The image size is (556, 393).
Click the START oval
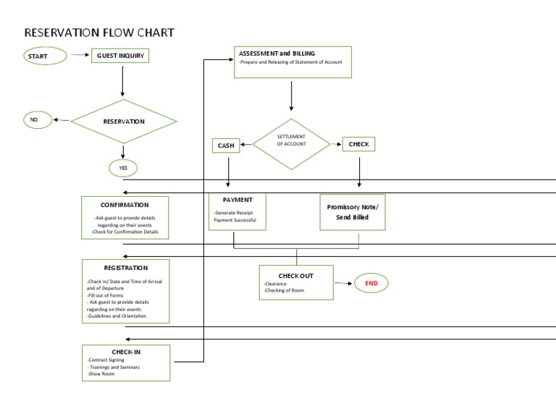pyautogui.click(x=45, y=56)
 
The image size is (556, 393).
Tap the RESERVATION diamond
pyautogui.click(x=124, y=121)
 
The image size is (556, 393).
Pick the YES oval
pyautogui.click(x=123, y=168)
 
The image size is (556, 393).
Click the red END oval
pyautogui.click(x=371, y=283)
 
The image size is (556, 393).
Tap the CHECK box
pyautogui.click(x=358, y=144)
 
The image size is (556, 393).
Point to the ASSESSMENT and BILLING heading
pyautogui.click(x=277, y=54)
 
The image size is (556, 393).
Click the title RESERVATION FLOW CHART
pyautogui.click(x=99, y=33)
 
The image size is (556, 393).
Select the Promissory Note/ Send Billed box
pyautogui.click(x=353, y=212)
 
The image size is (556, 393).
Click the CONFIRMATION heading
pyautogui.click(x=125, y=205)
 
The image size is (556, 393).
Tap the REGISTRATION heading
pyautogui.click(x=126, y=268)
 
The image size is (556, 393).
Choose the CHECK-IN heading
pyautogui.click(x=126, y=352)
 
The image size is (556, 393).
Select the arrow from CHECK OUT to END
pyautogui.click(x=344, y=283)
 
